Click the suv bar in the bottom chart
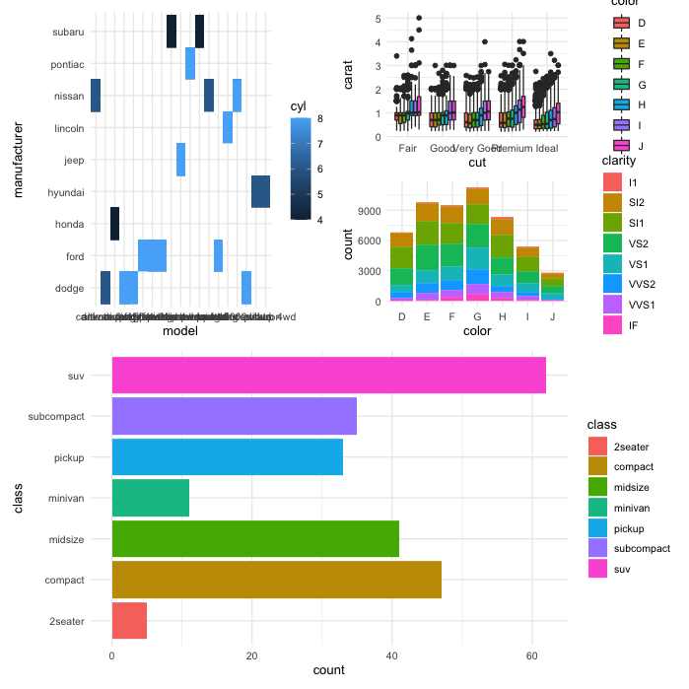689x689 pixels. (x=328, y=376)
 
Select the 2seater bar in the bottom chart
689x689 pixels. (x=129, y=621)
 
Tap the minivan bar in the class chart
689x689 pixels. (x=150, y=498)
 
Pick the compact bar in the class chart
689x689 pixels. (x=276, y=580)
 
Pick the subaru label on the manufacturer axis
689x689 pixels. (x=68, y=32)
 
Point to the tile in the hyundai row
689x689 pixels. (x=260, y=191)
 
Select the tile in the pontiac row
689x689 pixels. (x=190, y=63)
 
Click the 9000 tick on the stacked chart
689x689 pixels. (x=366, y=210)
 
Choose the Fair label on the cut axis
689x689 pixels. (x=410, y=148)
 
